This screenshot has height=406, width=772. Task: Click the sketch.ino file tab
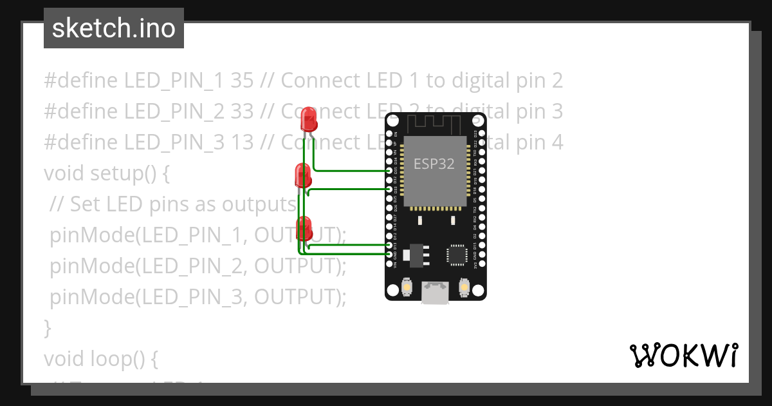114,28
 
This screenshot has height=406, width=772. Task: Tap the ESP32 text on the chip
434,164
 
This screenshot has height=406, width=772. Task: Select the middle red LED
302,175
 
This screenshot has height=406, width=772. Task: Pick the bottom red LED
304,228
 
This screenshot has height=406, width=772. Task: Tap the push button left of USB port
407,286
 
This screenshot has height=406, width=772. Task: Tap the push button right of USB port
464,286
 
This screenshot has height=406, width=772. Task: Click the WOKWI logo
683,355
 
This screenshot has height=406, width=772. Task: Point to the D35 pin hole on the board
389,171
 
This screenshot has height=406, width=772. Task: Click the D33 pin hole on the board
389,189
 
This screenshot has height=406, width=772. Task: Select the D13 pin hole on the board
389,246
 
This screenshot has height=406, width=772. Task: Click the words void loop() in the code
101,358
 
